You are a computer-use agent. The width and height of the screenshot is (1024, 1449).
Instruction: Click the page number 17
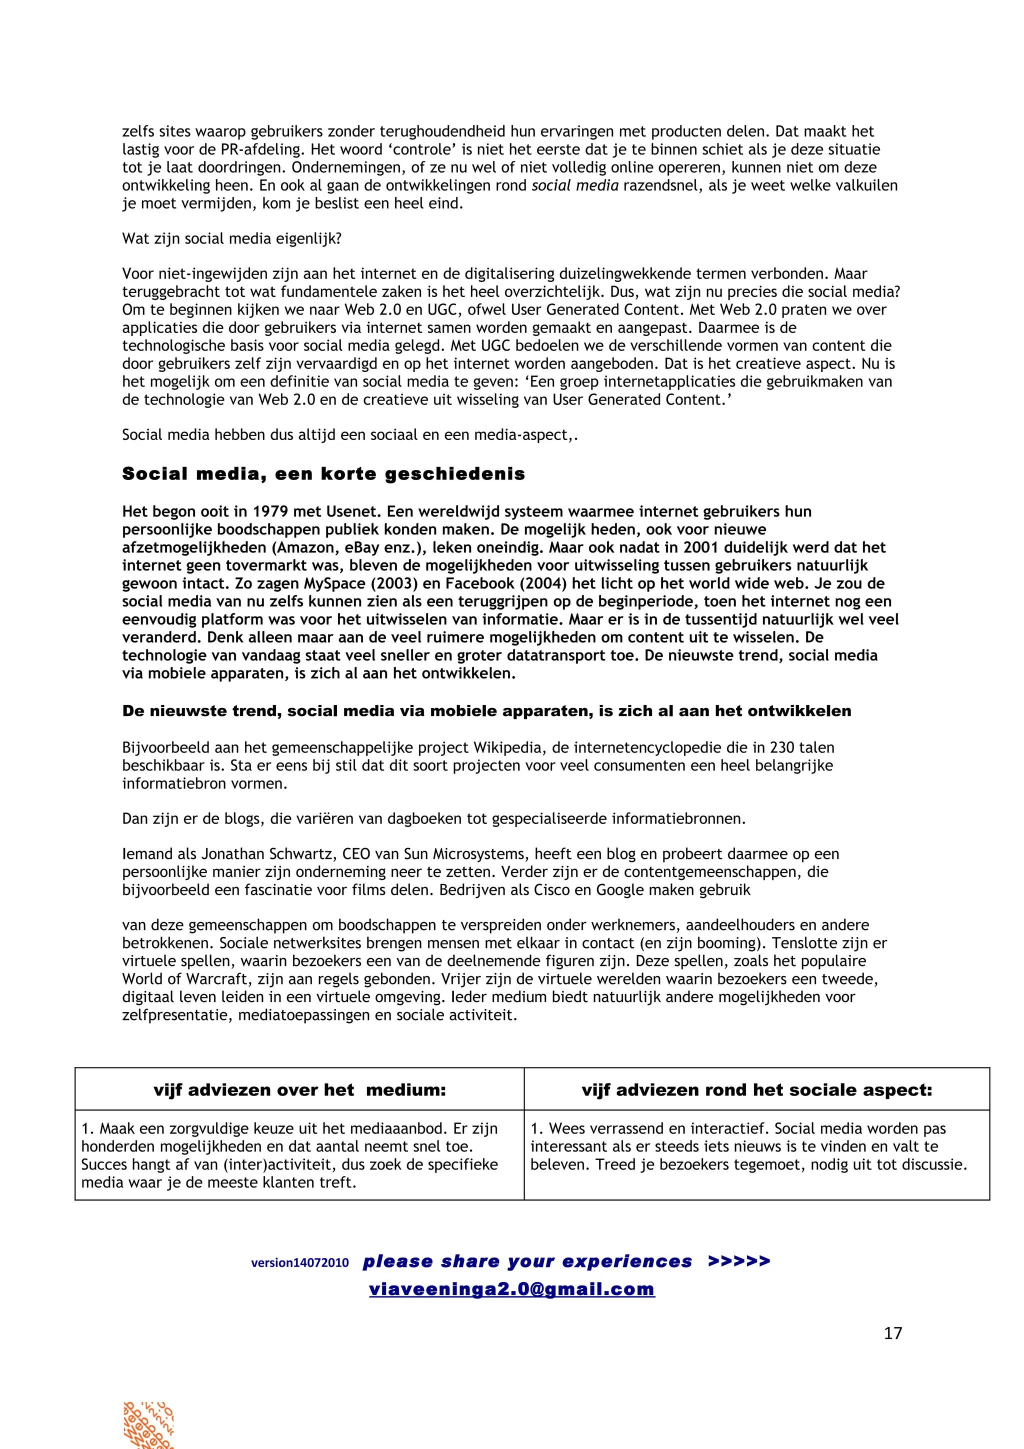(x=893, y=1333)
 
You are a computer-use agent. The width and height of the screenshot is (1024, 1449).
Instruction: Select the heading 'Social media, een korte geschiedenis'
(x=323, y=474)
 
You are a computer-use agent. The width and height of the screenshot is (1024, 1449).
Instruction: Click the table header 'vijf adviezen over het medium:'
(x=299, y=1090)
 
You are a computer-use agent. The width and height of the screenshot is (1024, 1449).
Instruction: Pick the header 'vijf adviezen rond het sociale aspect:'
(x=756, y=1090)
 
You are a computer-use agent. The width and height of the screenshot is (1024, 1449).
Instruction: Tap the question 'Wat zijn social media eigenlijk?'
(x=231, y=238)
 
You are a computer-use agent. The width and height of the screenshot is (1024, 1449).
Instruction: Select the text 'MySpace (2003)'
(x=340, y=583)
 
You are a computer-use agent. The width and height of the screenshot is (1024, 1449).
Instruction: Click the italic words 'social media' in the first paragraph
(x=575, y=185)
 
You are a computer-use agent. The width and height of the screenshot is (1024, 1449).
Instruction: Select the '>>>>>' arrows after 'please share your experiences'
(x=738, y=1261)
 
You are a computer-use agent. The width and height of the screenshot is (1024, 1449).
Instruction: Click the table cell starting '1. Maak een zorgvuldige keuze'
(x=299, y=1155)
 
